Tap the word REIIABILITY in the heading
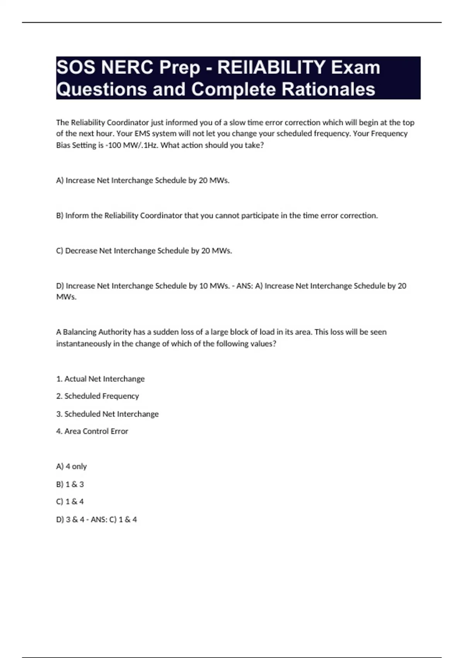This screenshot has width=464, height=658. point(271,68)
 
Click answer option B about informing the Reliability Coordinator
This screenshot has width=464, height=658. point(217,216)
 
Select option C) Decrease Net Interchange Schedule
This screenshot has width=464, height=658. point(144,251)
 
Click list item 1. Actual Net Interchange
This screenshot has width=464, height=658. point(100,379)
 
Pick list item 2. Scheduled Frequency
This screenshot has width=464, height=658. point(97,396)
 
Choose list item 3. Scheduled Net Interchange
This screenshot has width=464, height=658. point(107,414)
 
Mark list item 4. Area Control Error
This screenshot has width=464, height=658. point(92,431)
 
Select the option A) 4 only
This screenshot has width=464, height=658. point(71,466)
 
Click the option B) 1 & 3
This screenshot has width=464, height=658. point(70,484)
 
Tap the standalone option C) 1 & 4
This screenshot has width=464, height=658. point(70,502)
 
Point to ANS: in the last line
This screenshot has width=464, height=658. point(99,519)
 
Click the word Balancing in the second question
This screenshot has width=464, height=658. point(80,332)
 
